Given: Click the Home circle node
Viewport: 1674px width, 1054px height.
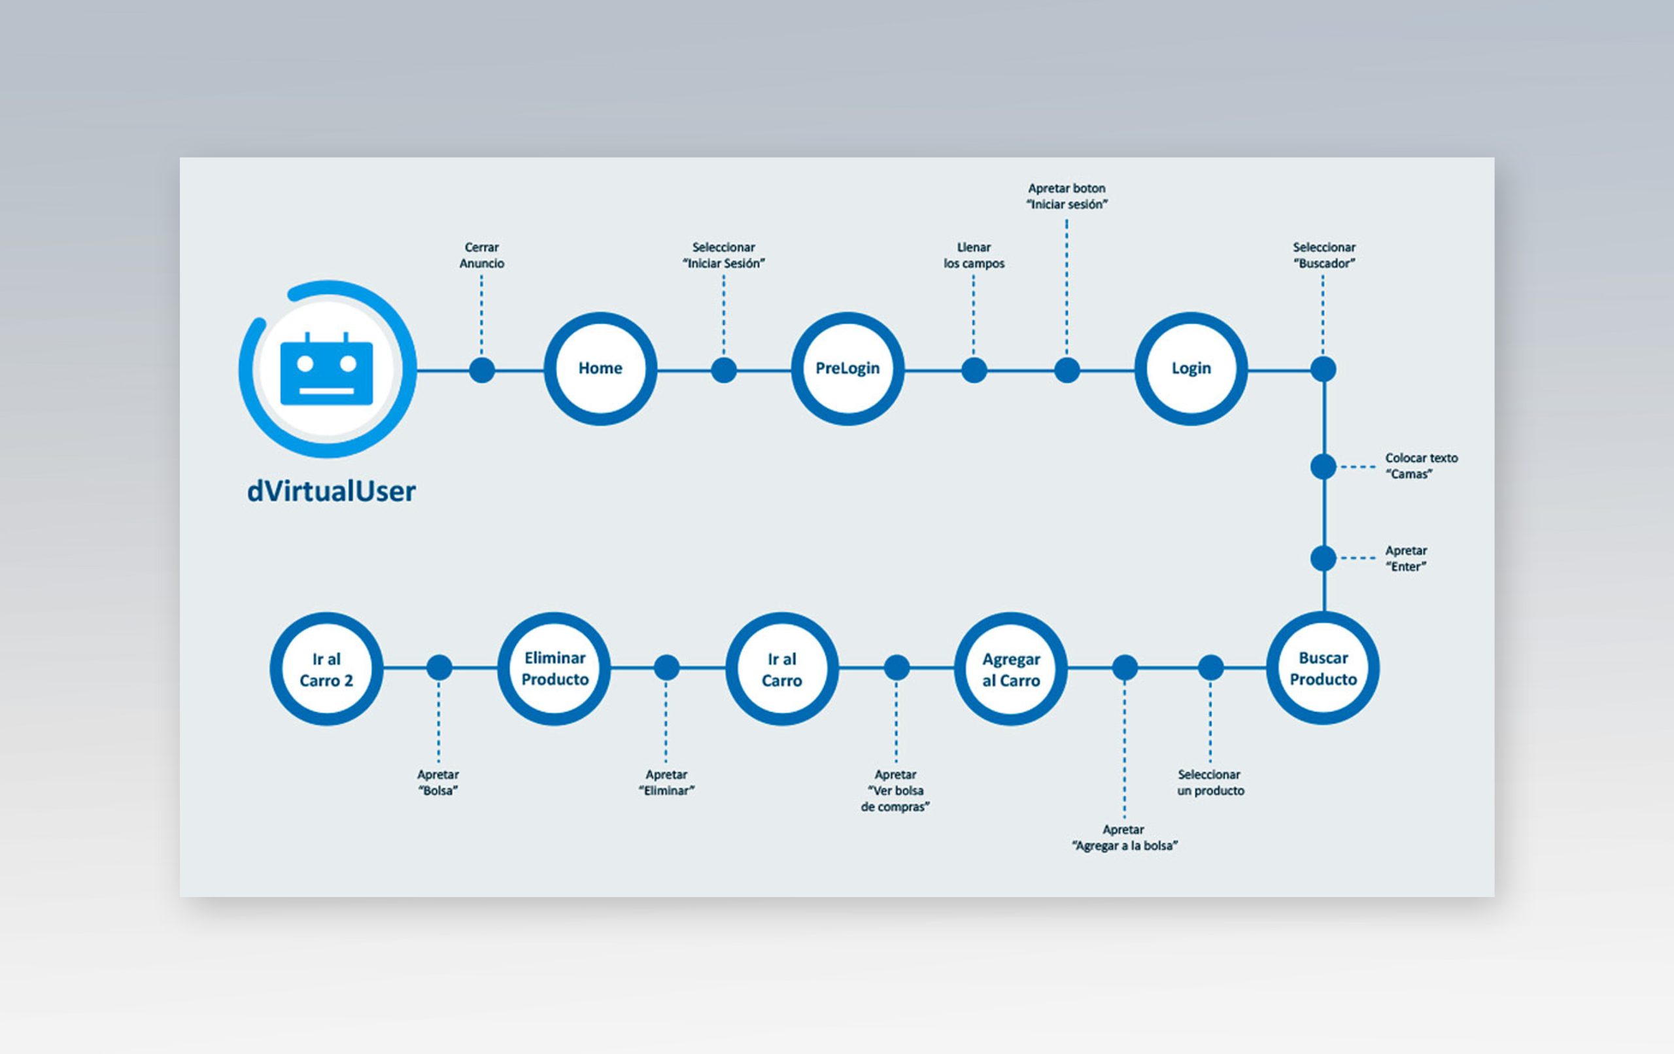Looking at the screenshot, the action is point(600,369).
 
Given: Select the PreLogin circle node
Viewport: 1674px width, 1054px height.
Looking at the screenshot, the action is point(847,369).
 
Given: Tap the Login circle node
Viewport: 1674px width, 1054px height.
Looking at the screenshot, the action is point(1191,369).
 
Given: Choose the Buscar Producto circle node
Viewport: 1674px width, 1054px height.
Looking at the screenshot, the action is point(1323,668).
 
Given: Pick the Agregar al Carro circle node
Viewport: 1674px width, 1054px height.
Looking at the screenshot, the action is point(1011,668).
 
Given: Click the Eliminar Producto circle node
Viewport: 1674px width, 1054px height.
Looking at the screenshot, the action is point(554,668).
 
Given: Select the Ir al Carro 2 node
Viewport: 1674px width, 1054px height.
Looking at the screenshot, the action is point(326,668).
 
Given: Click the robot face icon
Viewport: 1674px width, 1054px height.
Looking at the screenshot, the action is point(327,369).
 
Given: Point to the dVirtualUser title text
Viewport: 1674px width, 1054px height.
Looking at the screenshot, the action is point(332,491).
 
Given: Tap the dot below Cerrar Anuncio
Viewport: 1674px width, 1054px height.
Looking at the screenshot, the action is point(482,370).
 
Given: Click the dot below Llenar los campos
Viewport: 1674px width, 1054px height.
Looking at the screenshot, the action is point(974,370).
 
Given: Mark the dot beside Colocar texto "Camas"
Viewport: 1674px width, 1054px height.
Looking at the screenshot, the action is point(1323,466).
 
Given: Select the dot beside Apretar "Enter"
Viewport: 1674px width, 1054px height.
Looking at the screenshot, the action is point(1323,558).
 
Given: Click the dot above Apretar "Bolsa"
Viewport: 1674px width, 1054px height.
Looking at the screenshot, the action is point(439,668).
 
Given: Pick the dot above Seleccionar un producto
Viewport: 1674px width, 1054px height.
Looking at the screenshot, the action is point(1210,668).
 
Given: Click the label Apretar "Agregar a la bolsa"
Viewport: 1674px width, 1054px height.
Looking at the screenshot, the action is point(1124,838).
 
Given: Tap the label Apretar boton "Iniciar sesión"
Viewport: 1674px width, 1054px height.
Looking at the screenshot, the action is point(1067,196).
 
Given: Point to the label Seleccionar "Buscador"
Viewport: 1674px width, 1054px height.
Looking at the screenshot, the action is point(1324,255).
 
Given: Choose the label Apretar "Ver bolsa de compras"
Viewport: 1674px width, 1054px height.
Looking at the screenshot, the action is point(895,790).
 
